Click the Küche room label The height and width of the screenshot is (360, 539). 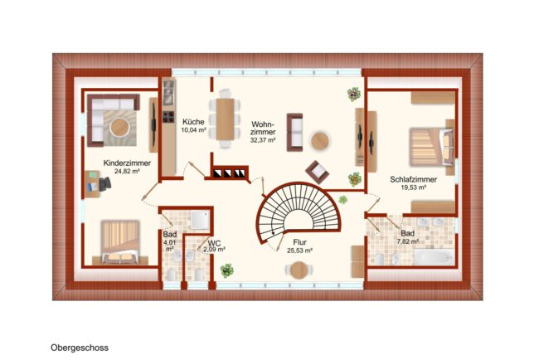coord(193,122)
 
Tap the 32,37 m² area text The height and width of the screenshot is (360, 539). coord(263,140)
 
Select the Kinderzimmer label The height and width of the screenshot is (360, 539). coord(127,163)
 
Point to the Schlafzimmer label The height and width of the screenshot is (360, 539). coord(413,179)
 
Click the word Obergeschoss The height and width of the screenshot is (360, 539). coord(80,348)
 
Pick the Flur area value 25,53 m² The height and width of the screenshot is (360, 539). coord(299,251)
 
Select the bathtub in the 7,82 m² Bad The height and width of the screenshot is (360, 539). coord(435,257)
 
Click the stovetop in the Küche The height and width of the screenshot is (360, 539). coord(168,117)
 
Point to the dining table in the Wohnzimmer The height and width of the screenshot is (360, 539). coord(225,119)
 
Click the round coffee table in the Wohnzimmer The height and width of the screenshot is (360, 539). coord(320,141)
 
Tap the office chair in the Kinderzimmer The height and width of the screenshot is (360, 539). coord(104,184)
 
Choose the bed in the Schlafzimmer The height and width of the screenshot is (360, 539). coord(431,147)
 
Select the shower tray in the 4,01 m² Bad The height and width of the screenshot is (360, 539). coord(200,220)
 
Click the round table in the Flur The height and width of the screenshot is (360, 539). coord(299,270)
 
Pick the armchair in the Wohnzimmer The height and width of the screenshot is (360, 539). coord(317,172)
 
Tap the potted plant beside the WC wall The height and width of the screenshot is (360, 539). coord(227,270)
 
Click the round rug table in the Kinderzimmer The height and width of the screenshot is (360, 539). coord(119,127)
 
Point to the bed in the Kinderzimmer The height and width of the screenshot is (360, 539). coord(120,242)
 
